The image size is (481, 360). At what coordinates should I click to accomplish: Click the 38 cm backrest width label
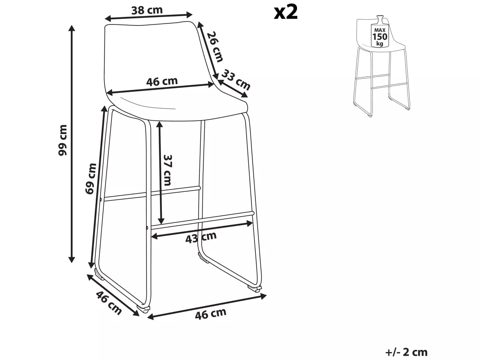pyautogui.click(x=147, y=10)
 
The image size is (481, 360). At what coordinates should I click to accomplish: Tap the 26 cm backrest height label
pyautogui.click(x=215, y=46)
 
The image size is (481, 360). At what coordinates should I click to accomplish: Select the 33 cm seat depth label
pyautogui.click(x=236, y=80)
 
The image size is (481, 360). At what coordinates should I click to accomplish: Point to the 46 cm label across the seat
pyautogui.click(x=162, y=82)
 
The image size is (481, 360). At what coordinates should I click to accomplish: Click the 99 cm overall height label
pyautogui.click(x=63, y=140)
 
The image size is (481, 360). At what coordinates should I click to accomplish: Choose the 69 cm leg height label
pyautogui.click(x=91, y=179)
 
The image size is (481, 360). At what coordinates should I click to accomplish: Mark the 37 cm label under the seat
pyautogui.click(x=167, y=170)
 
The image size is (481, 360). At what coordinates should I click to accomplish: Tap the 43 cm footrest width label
pyautogui.click(x=201, y=237)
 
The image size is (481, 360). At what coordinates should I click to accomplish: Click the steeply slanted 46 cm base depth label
pyautogui.click(x=109, y=303)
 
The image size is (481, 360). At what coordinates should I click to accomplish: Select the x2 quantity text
pyautogui.click(x=286, y=12)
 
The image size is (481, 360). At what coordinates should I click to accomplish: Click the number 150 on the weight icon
pyautogui.click(x=380, y=37)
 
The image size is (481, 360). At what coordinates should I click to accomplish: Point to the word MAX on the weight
pyautogui.click(x=380, y=30)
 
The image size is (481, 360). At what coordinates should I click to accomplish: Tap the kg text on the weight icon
pyautogui.click(x=380, y=44)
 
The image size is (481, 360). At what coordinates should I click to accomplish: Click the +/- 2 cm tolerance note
pyautogui.click(x=406, y=352)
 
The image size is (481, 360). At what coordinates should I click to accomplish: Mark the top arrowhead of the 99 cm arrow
pyautogui.click(x=72, y=28)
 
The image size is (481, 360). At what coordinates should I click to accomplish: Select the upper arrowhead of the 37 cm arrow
pyautogui.click(x=160, y=125)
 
